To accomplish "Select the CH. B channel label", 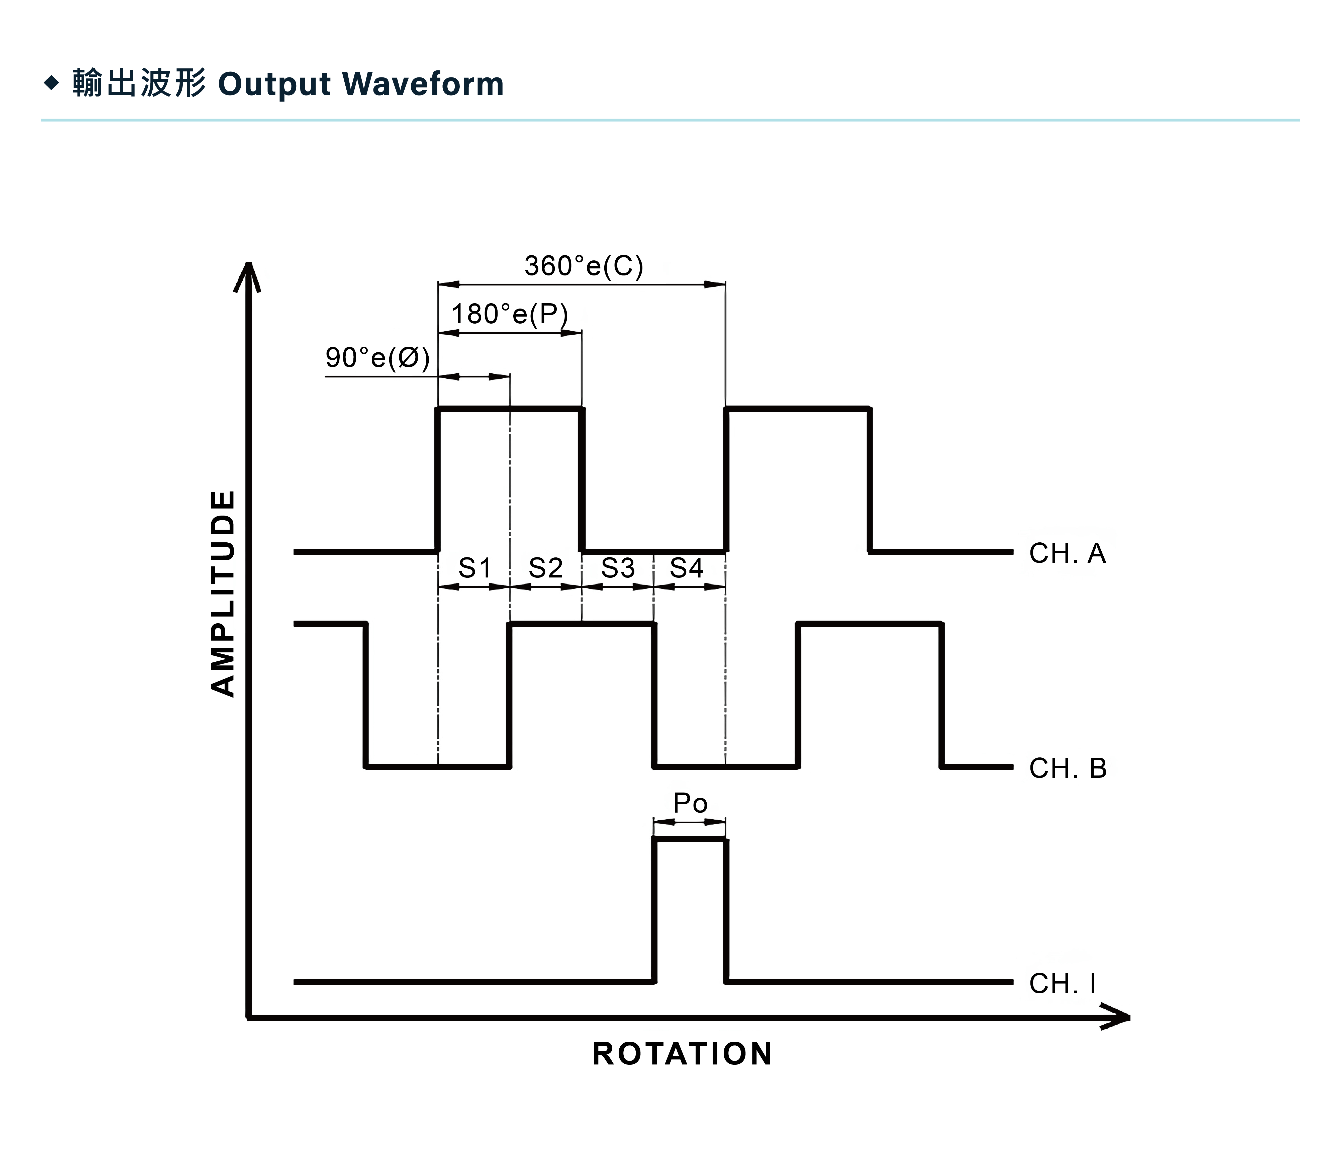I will coord(1068,768).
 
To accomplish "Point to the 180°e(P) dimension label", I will coord(510,315).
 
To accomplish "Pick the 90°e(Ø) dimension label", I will coord(377,358).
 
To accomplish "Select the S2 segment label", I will coord(545,568).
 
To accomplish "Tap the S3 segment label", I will coord(617,568).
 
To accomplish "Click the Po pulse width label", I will coord(690,803).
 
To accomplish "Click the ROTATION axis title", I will coord(682,1054).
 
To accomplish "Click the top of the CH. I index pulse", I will coord(690,839).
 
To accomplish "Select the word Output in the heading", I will coord(275,84).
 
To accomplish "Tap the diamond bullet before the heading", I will coord(51,83).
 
